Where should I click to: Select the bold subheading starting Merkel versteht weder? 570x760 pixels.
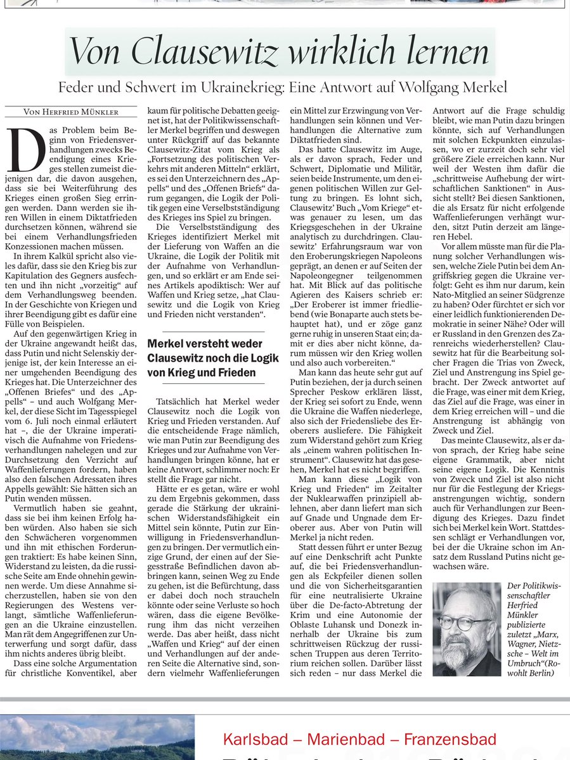[212, 358]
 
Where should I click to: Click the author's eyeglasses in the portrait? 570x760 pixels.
[466, 623]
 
